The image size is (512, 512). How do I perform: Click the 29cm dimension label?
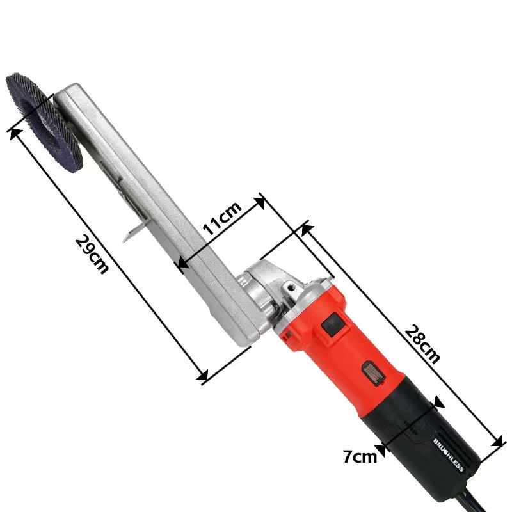tap(92, 254)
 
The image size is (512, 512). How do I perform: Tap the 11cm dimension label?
tap(222, 218)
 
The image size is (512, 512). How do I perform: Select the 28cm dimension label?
tap(422, 344)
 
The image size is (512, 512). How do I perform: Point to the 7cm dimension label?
tap(360, 456)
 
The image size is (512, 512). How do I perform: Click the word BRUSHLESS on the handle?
tap(449, 455)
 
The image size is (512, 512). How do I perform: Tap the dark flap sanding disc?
tap(44, 122)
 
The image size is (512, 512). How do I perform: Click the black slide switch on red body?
tap(333, 324)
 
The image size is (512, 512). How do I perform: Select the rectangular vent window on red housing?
tap(374, 374)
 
